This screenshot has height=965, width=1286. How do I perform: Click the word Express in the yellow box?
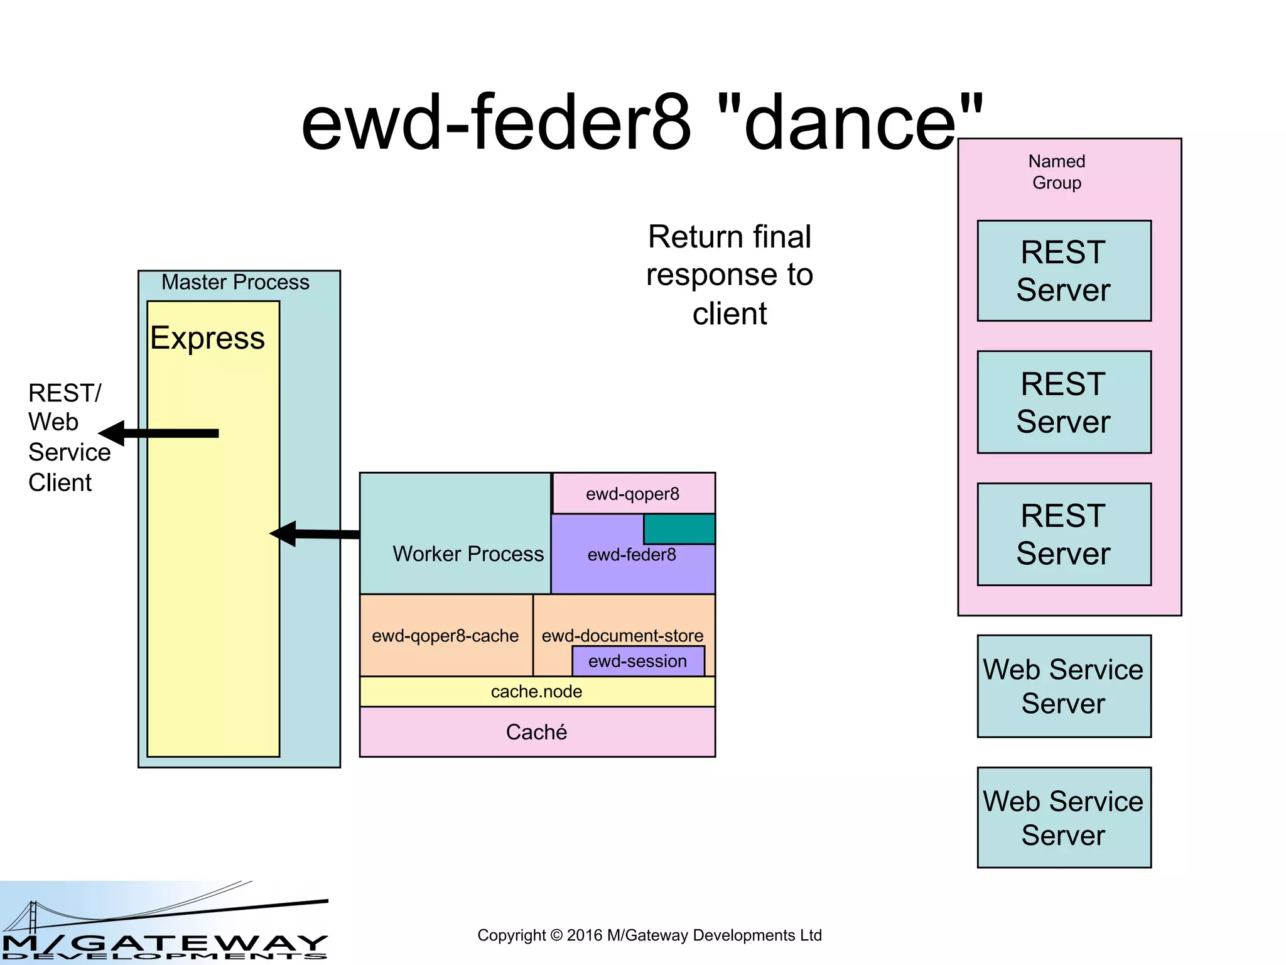[207, 339]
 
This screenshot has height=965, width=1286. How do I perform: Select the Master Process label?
[235, 282]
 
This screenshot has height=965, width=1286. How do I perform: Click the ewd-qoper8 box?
[633, 494]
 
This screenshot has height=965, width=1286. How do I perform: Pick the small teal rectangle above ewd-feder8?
[679, 529]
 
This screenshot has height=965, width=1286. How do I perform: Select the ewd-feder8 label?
[632, 555]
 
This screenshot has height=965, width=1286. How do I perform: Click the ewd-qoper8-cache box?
[445, 636]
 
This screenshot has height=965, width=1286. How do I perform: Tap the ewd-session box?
[638, 661]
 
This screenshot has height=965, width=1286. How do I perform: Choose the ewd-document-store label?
[622, 635]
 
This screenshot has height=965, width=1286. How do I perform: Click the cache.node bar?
[537, 692]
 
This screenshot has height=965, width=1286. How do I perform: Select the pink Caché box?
[537, 732]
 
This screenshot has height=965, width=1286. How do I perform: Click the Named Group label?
[1057, 172]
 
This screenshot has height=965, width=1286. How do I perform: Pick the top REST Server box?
[1064, 271]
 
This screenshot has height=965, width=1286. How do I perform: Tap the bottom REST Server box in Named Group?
[1064, 534]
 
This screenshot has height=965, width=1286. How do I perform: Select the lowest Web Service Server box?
[1064, 817]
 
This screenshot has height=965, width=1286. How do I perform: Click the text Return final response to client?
[730, 275]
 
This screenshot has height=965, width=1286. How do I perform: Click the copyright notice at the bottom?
[649, 935]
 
